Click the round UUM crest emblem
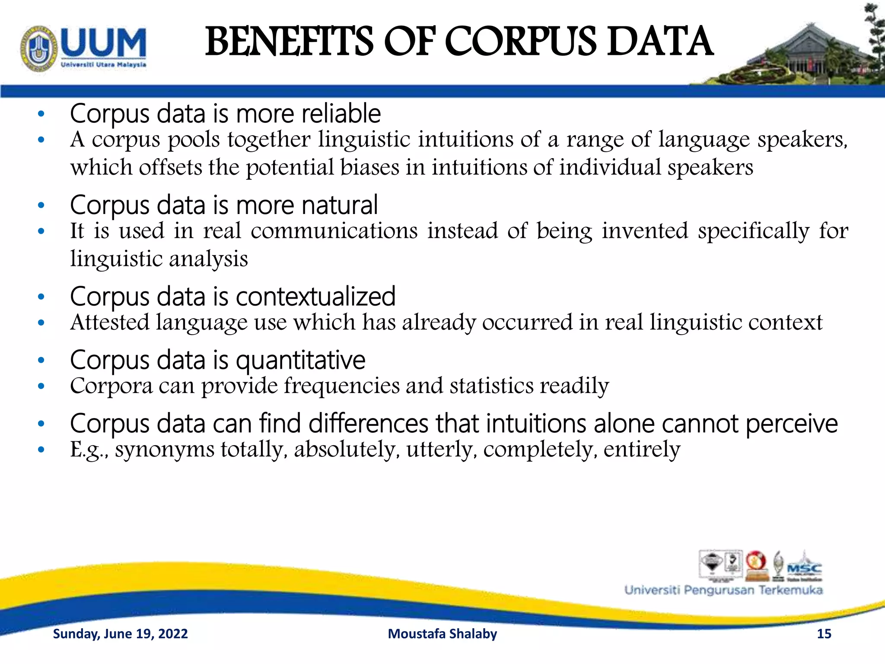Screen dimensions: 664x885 [38, 48]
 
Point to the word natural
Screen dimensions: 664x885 [340, 205]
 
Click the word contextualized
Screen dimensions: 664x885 [315, 297]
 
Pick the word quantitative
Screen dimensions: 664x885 [300, 361]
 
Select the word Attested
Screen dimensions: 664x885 [110, 322]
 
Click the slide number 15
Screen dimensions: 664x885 [824, 634]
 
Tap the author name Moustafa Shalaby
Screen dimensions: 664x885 [442, 634]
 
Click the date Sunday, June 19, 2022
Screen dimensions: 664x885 [120, 634]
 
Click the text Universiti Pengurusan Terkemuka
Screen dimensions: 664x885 [723, 590]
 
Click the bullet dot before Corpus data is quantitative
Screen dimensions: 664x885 [41, 360]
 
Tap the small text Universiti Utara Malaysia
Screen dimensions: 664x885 [103, 65]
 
